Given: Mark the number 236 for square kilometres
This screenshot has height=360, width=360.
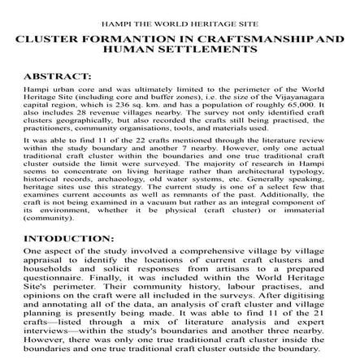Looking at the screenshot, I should pyautogui.click(x=135, y=102).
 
